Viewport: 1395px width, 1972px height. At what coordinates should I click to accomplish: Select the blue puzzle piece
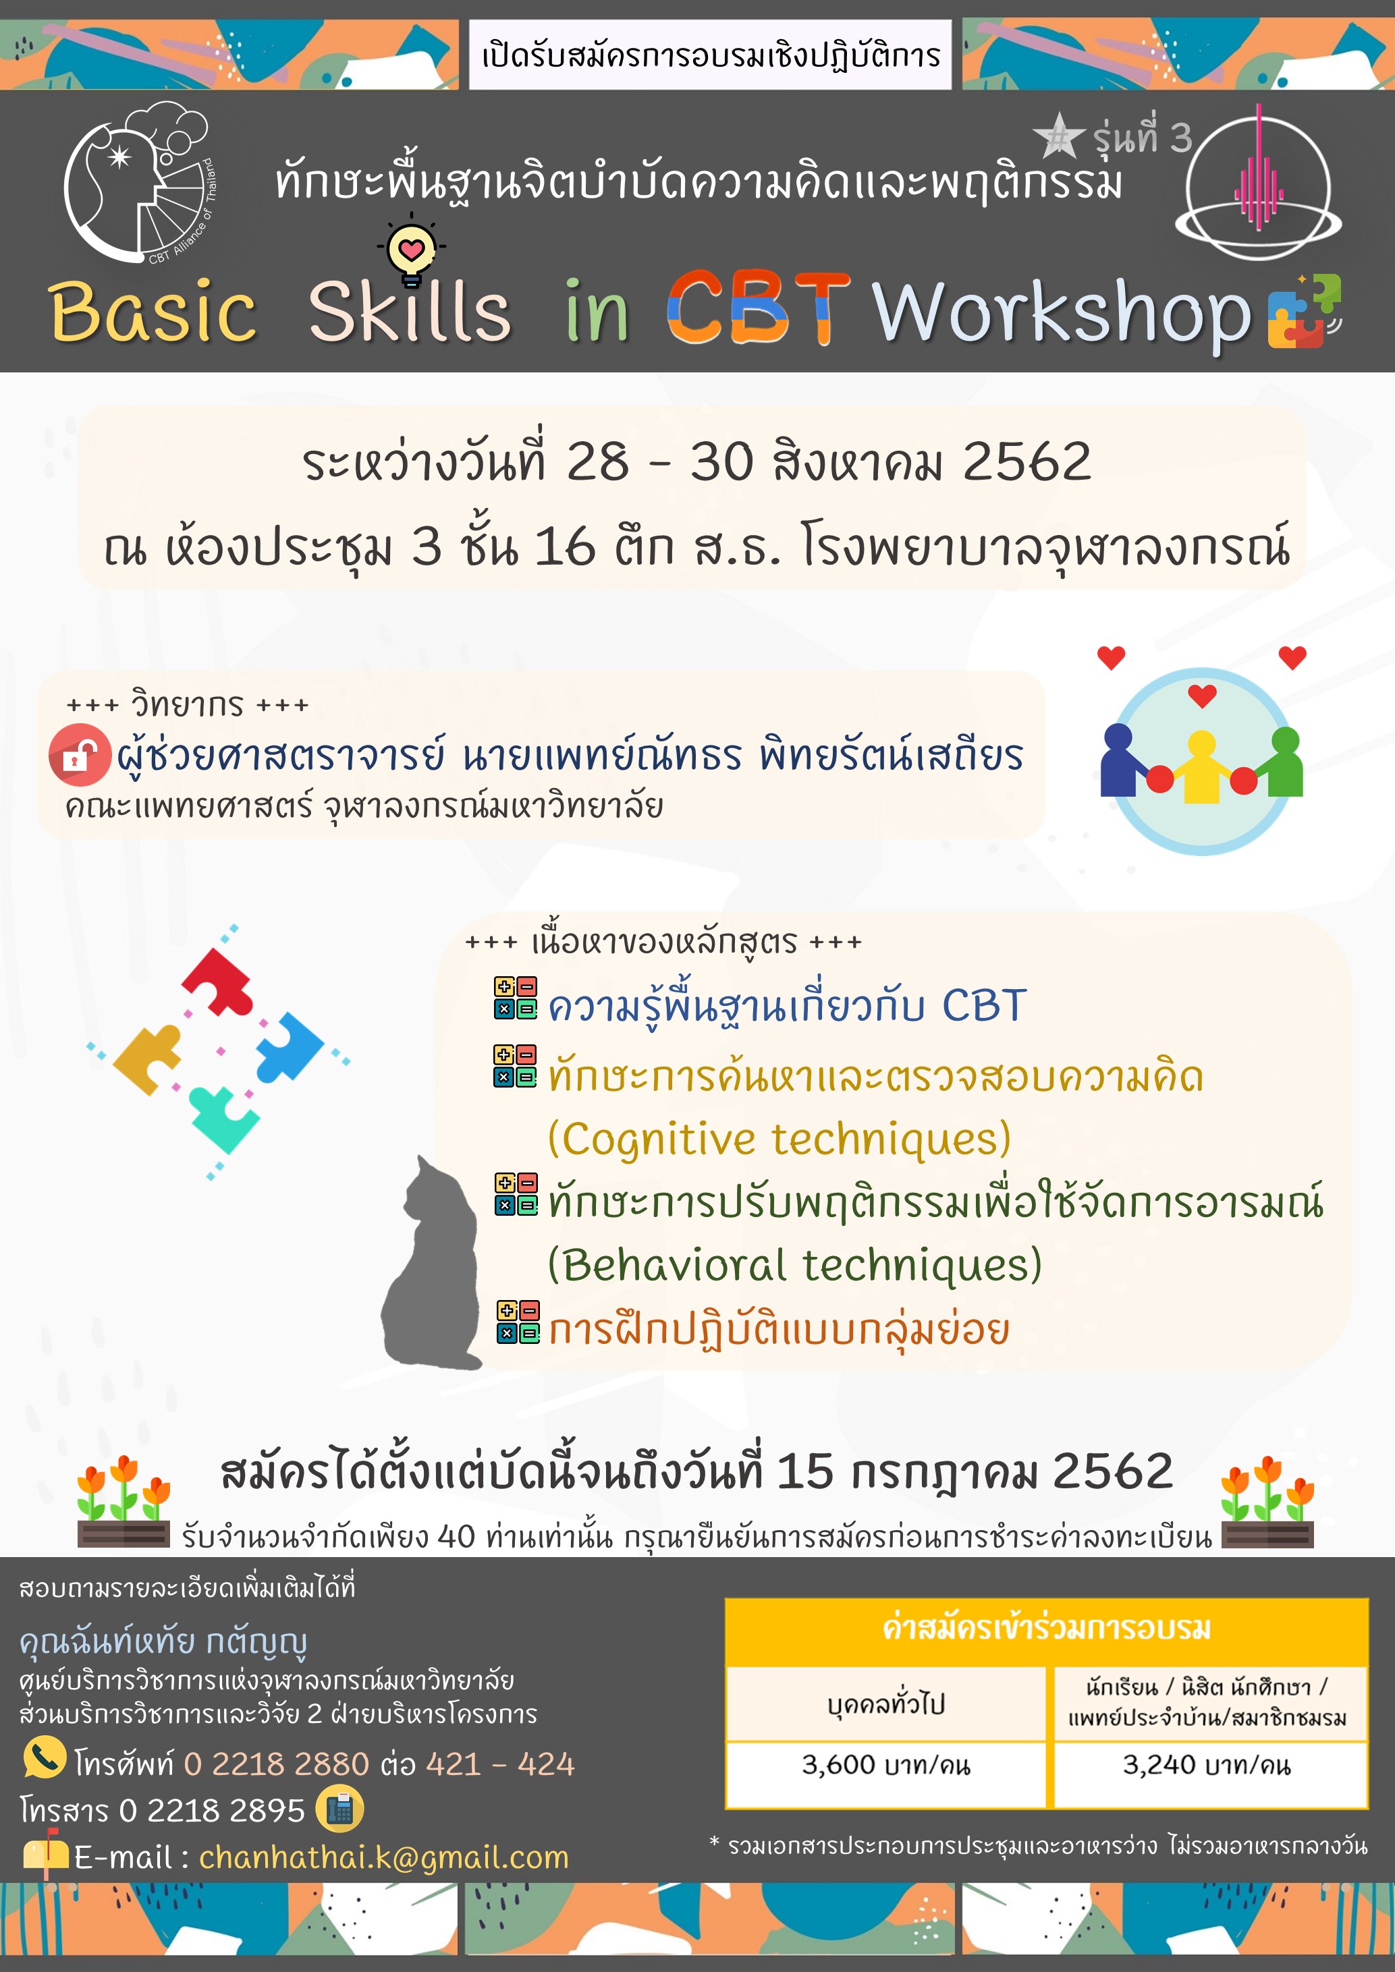[289, 1045]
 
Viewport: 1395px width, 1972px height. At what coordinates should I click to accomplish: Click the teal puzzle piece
[223, 1119]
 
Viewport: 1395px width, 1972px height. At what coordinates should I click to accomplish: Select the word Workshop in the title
[1062, 314]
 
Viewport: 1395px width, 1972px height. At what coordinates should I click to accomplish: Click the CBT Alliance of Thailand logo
[139, 182]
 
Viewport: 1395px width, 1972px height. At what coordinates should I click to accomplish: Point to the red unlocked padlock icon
[80, 755]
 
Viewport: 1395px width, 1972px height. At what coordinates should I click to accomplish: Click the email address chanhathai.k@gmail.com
[384, 1857]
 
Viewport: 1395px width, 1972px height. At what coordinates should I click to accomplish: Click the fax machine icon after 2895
[339, 1808]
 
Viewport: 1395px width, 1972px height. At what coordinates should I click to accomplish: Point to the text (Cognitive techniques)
[779, 1139]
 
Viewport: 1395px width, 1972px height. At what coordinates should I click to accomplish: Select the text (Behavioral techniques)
[794, 1265]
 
